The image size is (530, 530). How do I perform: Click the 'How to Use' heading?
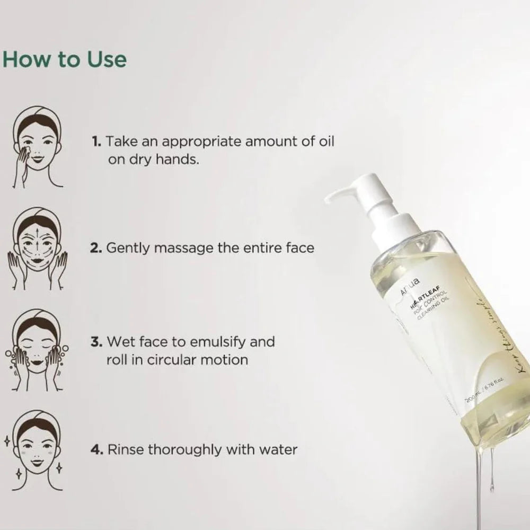[65, 59]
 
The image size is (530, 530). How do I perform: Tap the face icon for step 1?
[36, 151]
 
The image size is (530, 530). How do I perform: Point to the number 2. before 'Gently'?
[96, 248]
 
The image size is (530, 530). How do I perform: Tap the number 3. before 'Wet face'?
[96, 341]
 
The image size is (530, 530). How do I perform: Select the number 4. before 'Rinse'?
[96, 450]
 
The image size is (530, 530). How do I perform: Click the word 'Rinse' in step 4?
[126, 450]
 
